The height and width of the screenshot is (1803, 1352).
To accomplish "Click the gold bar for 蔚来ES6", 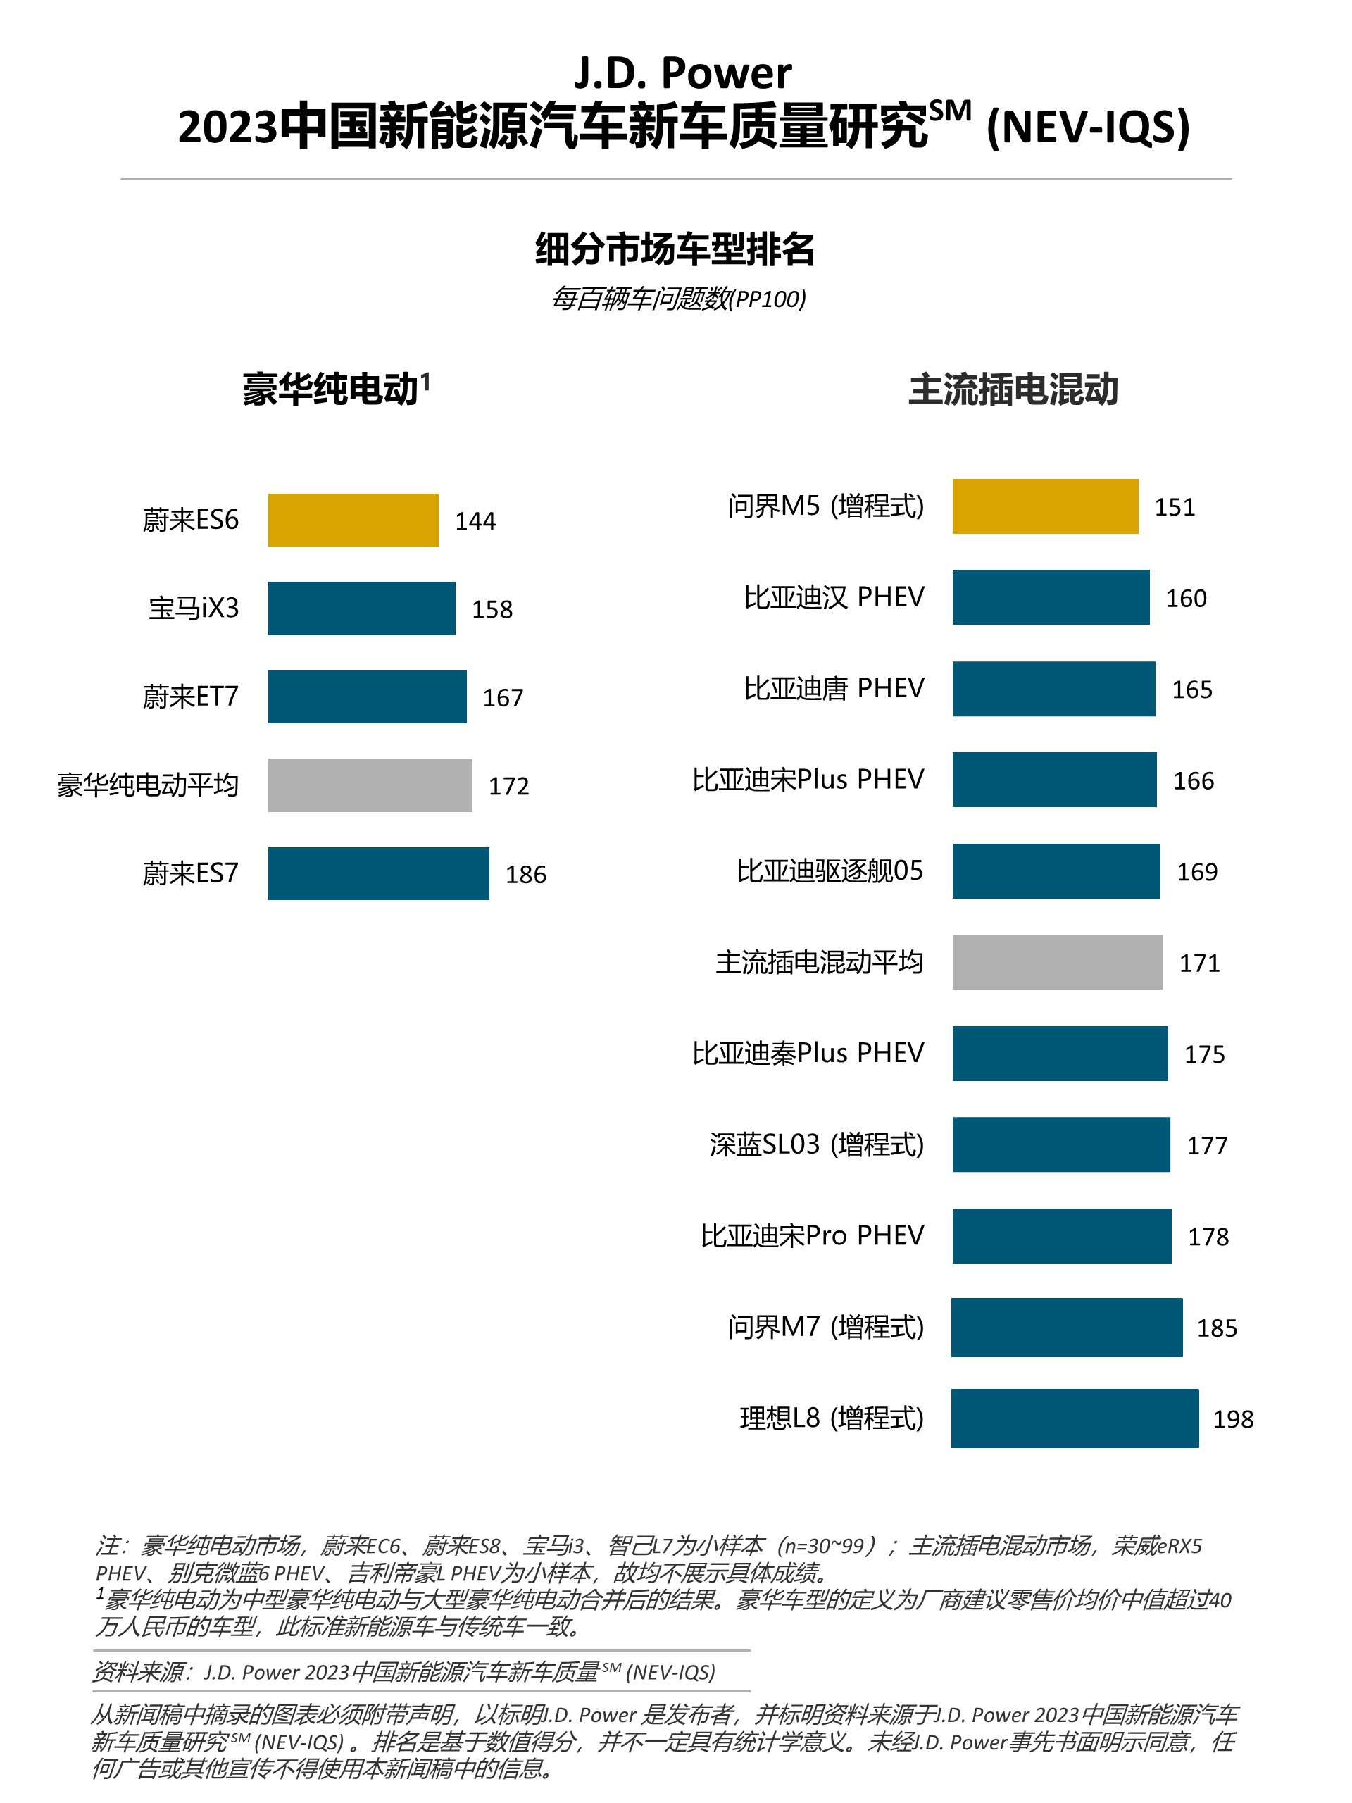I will point(353,520).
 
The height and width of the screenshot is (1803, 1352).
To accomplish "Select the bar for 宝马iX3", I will point(361,608).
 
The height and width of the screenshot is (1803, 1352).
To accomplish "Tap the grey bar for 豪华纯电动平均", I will point(370,785).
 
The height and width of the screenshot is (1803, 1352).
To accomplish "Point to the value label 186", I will point(525,875).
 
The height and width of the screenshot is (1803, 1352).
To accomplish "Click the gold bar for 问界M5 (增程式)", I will point(1045,506).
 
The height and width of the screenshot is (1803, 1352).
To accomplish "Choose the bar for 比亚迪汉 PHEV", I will point(1051,597).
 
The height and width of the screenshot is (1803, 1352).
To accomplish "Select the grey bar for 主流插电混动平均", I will point(1057,963).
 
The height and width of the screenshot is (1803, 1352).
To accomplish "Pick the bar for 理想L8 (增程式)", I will point(1074,1418).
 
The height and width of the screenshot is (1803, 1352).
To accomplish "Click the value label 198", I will point(1232,1419).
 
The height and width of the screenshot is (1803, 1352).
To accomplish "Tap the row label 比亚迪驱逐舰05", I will point(830,871).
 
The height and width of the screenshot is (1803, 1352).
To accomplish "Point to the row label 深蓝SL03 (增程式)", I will point(817,1144).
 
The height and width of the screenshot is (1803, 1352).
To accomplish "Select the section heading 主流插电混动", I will point(1013,389).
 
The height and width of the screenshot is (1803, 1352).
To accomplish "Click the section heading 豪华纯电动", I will point(331,389).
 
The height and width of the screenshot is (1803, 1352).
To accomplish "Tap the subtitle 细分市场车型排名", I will point(675,249).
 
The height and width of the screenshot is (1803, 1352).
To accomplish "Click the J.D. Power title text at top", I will point(683,73).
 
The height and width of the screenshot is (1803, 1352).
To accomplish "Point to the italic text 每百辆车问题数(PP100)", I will point(679,299).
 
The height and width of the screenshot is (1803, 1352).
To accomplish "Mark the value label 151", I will point(1175,507).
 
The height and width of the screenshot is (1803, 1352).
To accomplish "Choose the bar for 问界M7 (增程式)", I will point(1066,1327).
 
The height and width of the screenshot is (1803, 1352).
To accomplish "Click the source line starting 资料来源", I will point(403,1672).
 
